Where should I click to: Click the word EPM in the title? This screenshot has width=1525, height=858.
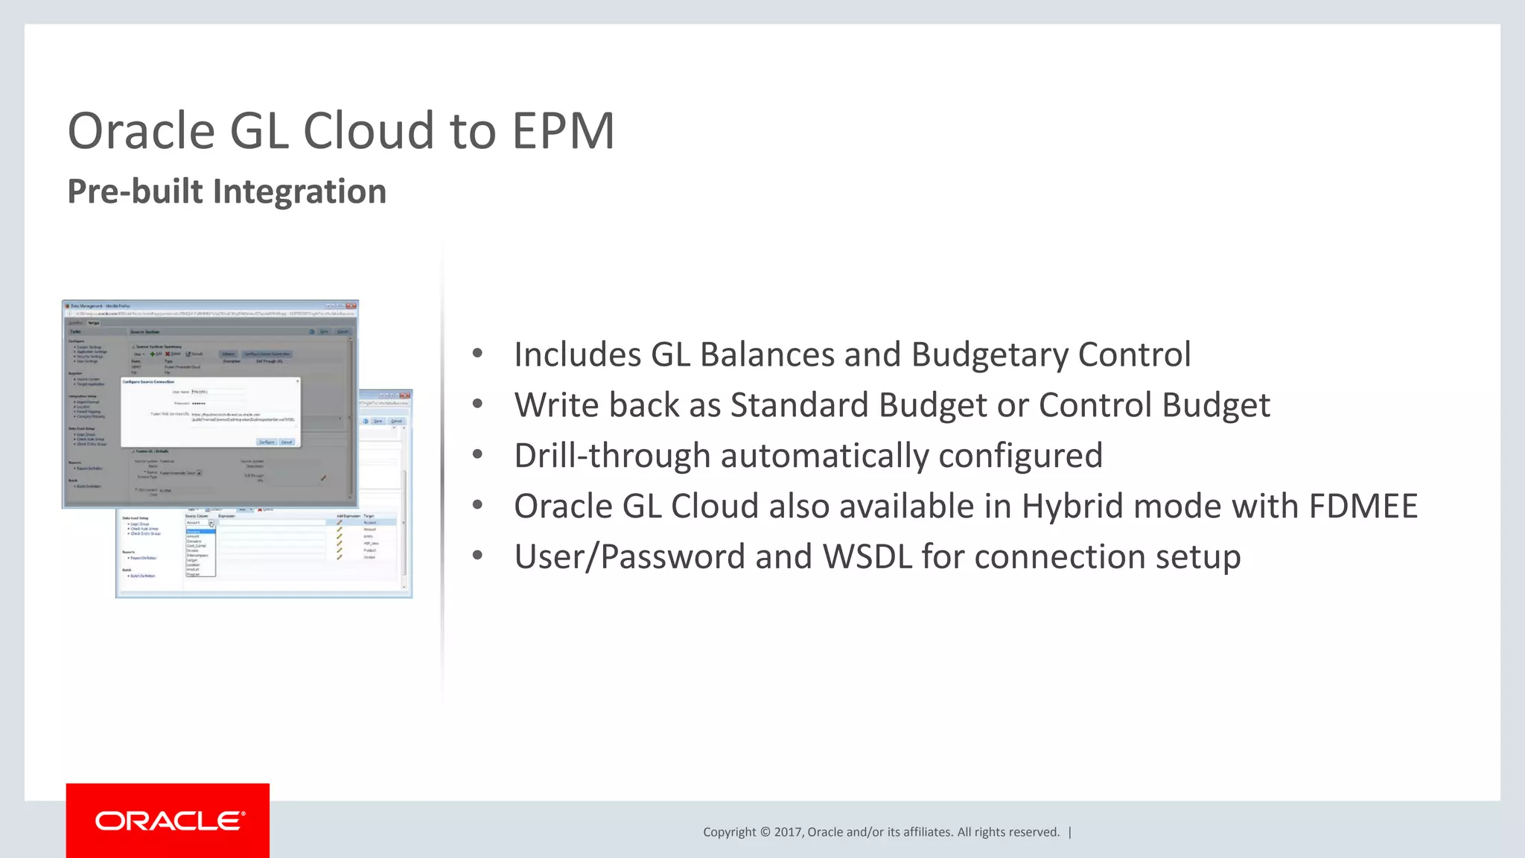[563, 131]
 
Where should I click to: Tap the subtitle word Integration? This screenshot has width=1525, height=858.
[300, 191]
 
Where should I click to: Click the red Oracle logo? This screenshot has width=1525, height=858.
[168, 821]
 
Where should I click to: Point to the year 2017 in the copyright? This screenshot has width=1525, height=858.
[787, 832]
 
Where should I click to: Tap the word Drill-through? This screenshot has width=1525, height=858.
[612, 456]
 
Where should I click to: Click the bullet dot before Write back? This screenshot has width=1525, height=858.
[477, 404]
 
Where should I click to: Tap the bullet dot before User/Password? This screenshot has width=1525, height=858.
[477, 556]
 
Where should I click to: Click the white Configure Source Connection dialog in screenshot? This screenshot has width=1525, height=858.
[210, 412]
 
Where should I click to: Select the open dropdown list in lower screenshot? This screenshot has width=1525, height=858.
[200, 552]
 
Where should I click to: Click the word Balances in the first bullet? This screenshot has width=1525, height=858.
[762, 355]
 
